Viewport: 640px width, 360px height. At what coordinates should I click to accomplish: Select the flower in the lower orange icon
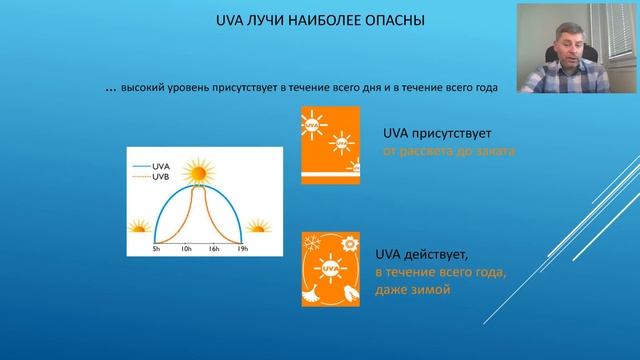click(x=349, y=243)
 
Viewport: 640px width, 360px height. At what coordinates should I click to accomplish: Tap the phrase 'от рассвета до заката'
click(x=449, y=151)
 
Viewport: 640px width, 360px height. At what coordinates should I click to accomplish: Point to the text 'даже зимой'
click(x=412, y=289)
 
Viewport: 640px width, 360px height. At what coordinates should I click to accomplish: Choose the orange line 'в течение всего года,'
click(x=441, y=272)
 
